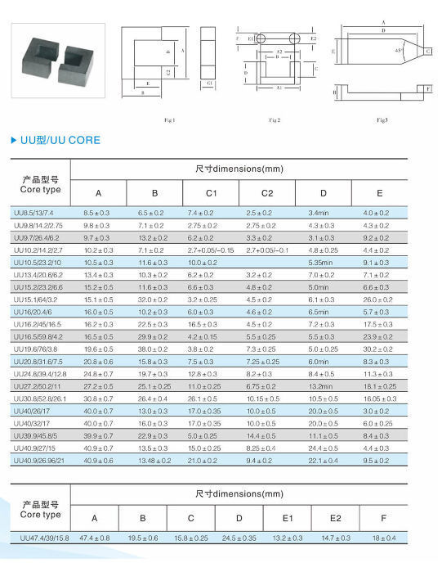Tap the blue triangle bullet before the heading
coord(13,140)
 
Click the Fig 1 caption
coord(170,120)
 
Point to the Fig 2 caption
coord(275,120)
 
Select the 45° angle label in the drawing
coord(398,51)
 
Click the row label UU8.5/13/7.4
coord(38,213)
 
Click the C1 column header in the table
coord(211,193)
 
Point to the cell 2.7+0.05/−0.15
coord(211,250)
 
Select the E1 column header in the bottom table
coord(287,517)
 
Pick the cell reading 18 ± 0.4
coord(384,537)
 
